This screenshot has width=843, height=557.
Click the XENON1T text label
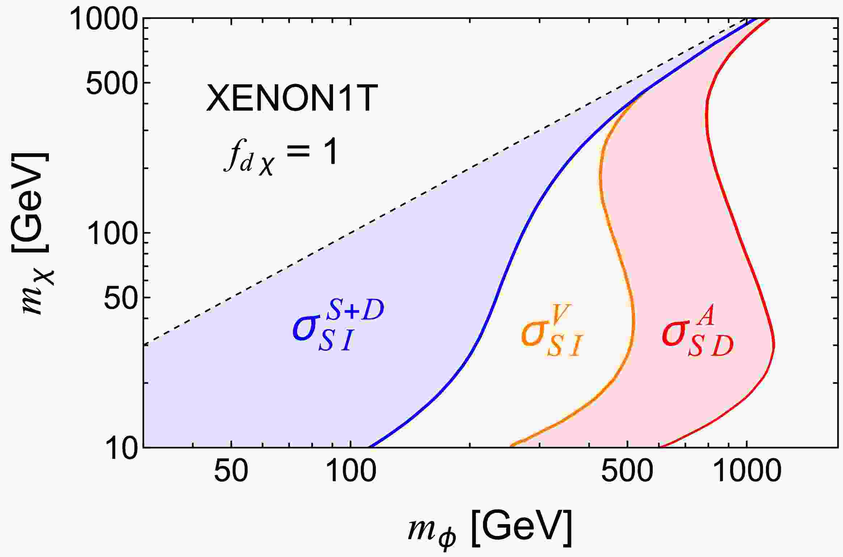click(291, 99)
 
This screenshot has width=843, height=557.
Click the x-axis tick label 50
click(231, 471)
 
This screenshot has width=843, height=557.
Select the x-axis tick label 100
click(350, 471)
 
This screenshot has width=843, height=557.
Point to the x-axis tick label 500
click(627, 471)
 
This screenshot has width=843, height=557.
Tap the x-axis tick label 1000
click(747, 471)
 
